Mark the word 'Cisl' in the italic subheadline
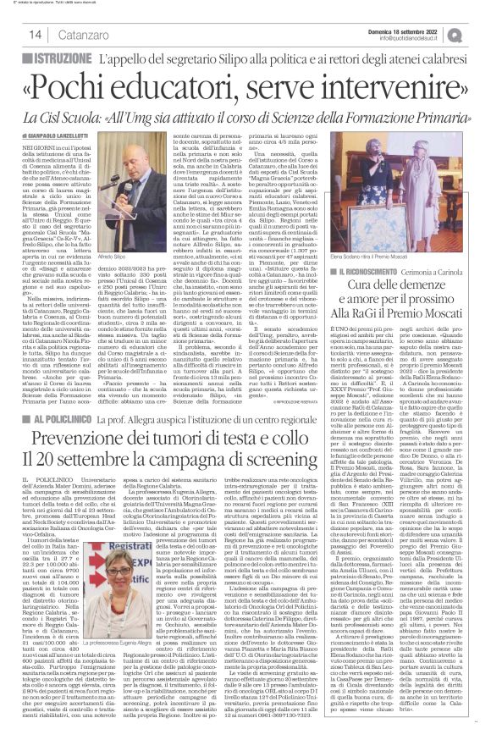[73, 117]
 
